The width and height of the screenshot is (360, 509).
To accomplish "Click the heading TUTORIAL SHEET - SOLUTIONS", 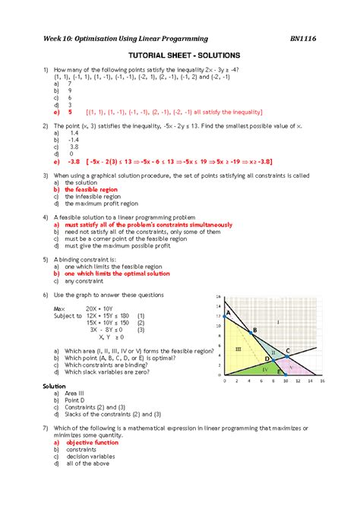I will (x=180, y=56).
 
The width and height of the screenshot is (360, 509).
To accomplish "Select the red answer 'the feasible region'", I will (x=92, y=189).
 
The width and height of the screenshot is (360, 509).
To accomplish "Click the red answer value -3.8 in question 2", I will (x=72, y=161).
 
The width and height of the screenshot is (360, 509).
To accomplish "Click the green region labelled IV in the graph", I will (x=264, y=368).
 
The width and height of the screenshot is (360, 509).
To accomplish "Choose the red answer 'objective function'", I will (x=91, y=441).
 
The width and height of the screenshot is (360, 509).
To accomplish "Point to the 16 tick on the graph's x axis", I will (x=322, y=381).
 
